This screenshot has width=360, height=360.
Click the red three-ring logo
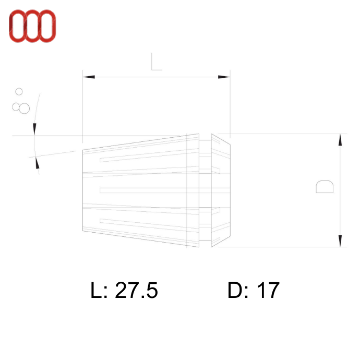tap(32, 26)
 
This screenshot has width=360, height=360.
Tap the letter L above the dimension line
tap(156, 62)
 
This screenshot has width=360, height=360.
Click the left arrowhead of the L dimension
tap(89, 77)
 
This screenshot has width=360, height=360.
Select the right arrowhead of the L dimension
tap(224, 77)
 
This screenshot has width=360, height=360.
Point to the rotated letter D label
tap(325, 187)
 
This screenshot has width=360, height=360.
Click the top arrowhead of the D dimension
tap(340, 139)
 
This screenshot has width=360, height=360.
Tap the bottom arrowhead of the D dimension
tap(340, 241)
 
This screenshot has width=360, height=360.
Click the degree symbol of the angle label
tap(19, 91)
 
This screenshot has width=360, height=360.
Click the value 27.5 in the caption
tap(136, 291)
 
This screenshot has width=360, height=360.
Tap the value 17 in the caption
tap(268, 291)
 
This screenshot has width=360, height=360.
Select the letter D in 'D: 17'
tap(234, 291)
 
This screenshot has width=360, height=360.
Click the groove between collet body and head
tap(205, 190)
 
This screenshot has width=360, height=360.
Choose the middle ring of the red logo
tap(32, 26)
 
